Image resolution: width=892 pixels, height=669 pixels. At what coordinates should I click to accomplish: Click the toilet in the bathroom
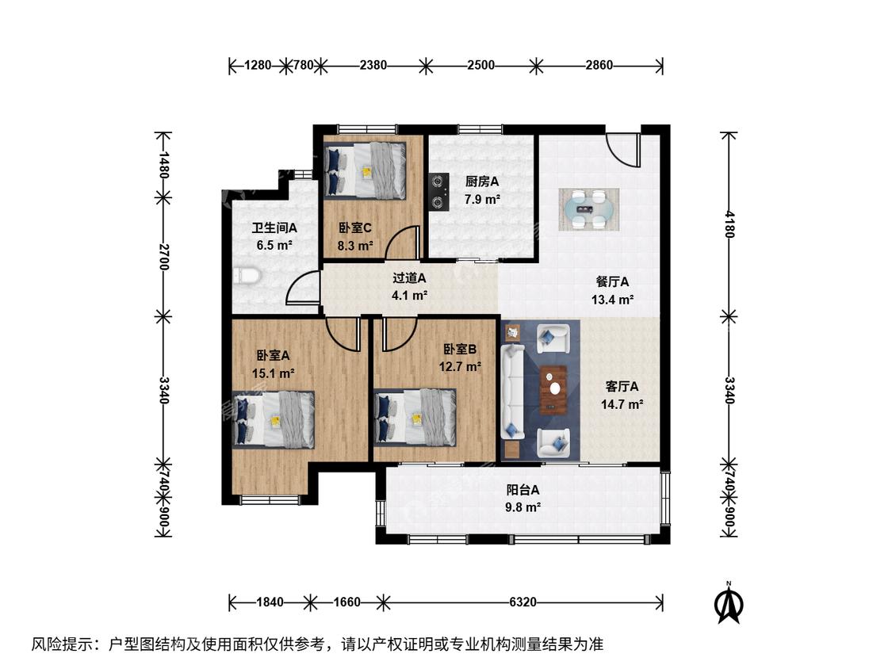(247, 276)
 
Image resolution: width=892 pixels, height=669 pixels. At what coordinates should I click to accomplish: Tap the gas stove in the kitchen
(438, 192)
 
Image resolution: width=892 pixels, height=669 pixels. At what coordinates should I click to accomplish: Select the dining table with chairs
(589, 209)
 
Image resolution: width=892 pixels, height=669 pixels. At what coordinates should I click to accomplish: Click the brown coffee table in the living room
(553, 390)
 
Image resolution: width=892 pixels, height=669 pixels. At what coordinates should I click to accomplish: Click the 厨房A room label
(482, 182)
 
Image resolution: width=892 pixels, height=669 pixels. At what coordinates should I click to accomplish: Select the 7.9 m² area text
(482, 200)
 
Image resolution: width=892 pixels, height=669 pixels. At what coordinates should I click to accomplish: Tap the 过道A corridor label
(409, 278)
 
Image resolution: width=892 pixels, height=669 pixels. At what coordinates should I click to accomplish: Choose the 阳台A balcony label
(523, 489)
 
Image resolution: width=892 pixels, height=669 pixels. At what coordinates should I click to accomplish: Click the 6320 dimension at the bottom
(523, 602)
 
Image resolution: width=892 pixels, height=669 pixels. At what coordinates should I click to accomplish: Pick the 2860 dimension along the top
(599, 65)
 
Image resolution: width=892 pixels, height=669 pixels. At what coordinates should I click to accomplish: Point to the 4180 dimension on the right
(730, 224)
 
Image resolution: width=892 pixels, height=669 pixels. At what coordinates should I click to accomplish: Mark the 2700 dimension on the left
(164, 257)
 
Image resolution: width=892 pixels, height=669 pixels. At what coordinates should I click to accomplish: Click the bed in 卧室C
(365, 170)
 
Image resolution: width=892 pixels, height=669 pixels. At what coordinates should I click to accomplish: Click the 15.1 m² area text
(273, 374)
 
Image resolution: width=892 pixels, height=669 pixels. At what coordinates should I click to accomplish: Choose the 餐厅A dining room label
(612, 281)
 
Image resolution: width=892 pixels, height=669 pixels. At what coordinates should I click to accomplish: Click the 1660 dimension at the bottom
(346, 602)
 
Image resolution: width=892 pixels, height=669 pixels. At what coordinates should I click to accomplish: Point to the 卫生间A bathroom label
(274, 228)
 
